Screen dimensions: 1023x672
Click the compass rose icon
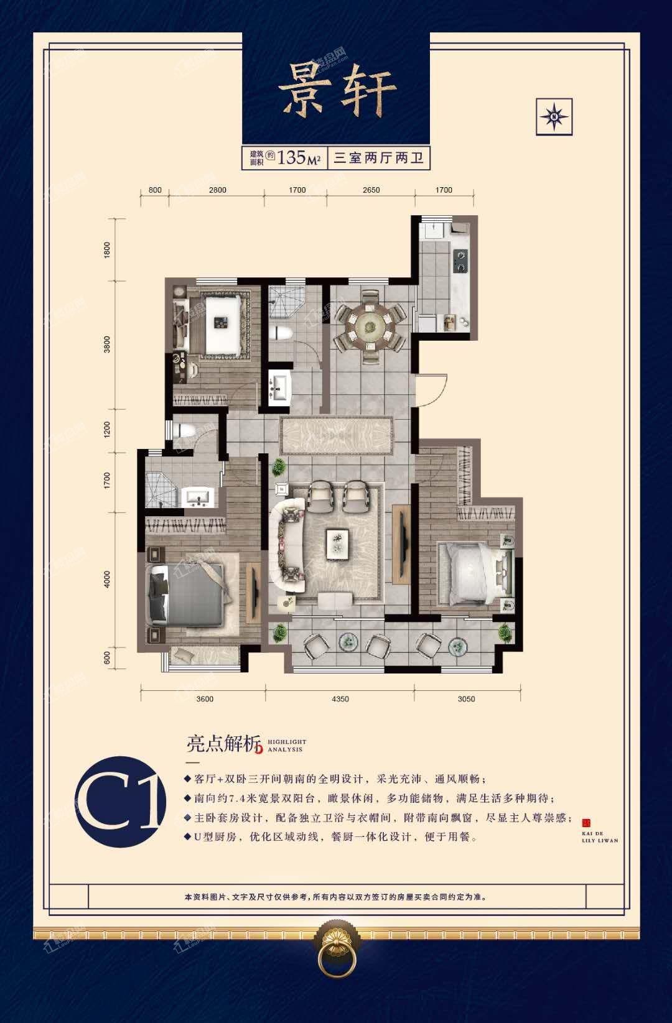click(x=554, y=116)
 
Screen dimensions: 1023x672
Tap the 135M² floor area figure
click(x=299, y=157)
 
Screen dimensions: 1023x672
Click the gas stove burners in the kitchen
click(x=460, y=261)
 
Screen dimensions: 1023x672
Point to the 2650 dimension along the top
click(x=371, y=190)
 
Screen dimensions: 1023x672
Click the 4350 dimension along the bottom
click(x=340, y=699)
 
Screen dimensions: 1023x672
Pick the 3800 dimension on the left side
click(x=107, y=345)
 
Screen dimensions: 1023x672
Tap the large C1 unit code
click(x=121, y=802)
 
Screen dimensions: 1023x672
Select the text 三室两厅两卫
click(x=379, y=158)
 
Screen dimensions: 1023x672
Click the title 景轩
click(x=337, y=91)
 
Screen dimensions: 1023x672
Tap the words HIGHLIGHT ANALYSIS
click(x=287, y=746)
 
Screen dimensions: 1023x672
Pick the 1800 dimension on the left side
click(x=107, y=250)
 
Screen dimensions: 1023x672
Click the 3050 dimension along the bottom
click(x=466, y=699)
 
